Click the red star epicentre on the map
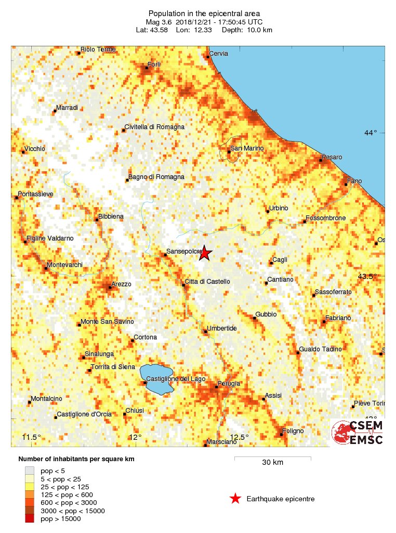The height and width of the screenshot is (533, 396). pos(205,253)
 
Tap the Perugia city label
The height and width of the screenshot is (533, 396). pos(229,384)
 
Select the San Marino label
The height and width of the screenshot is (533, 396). pos(247,148)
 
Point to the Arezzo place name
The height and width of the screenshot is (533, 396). pos(122,284)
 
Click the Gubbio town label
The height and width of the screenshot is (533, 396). pos(266,314)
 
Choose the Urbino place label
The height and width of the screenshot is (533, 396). pos(278,208)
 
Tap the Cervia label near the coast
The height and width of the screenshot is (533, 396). pos(219,53)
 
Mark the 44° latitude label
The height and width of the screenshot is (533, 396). pos(371,133)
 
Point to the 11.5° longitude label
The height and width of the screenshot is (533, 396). pos(32,437)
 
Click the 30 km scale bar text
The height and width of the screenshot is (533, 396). pos(272,462)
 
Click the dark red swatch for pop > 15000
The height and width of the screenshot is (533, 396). pos(29,518)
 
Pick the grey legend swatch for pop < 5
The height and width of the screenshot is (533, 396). pos(29,471)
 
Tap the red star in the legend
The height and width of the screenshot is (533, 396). pos(235,499)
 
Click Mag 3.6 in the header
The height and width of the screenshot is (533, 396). pos(159,22)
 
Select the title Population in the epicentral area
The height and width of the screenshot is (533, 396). pos(204,13)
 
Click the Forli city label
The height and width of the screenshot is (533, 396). pos(154,65)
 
